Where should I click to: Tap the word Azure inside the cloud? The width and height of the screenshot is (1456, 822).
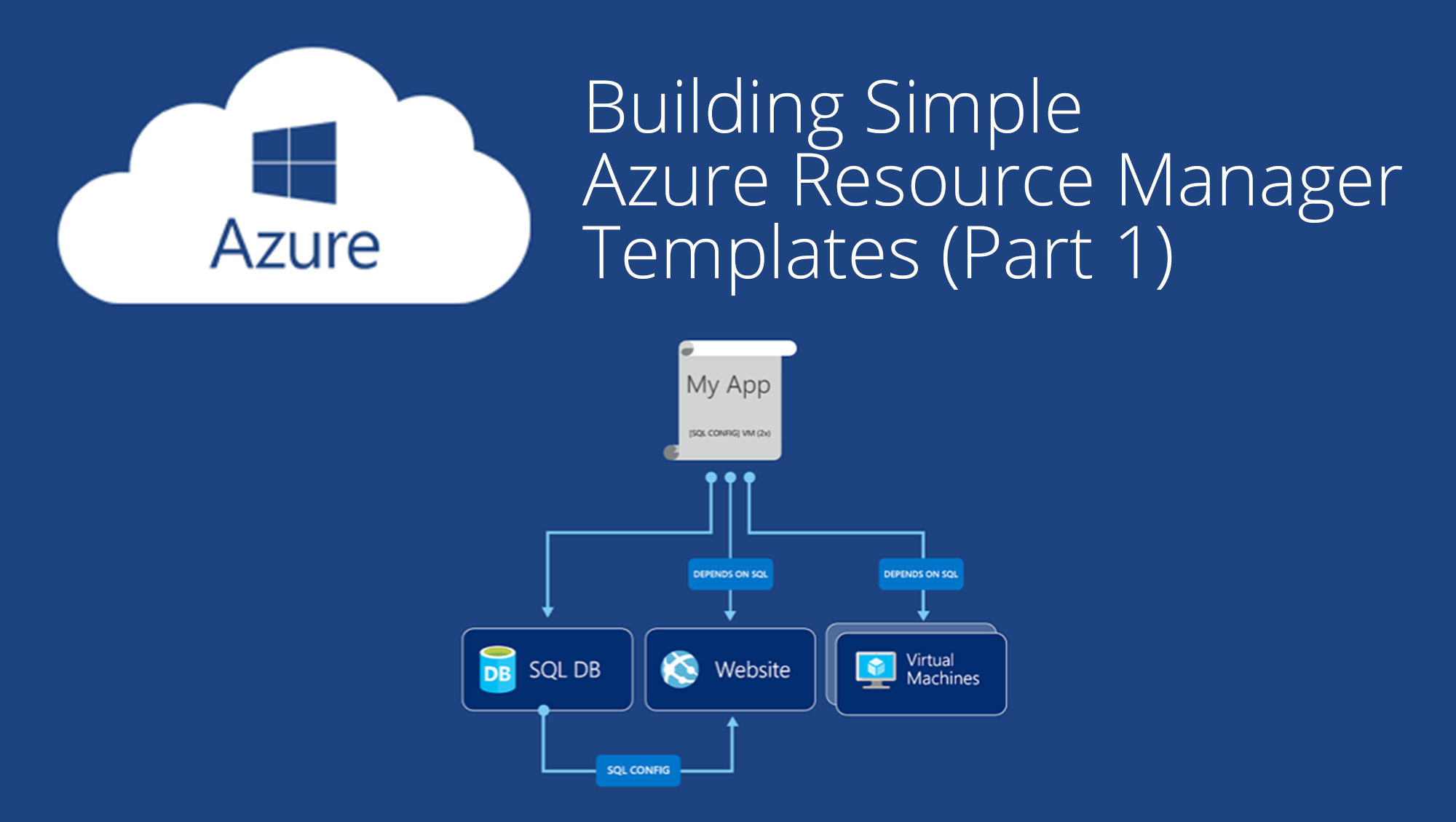coord(295,245)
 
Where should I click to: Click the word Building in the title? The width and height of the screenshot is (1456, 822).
coord(713,109)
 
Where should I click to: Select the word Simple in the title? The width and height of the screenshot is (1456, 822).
coord(973,109)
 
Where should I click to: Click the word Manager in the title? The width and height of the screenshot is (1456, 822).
coord(1259,182)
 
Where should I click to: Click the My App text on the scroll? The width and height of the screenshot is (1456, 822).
coord(728,384)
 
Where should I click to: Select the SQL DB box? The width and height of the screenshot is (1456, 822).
coord(547,669)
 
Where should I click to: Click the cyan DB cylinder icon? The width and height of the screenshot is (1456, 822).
coord(498,669)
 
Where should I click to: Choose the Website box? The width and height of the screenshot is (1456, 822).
coord(730,669)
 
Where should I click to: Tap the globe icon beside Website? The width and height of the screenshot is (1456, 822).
coord(679,669)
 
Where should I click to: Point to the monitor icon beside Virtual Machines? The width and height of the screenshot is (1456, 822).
coord(876,669)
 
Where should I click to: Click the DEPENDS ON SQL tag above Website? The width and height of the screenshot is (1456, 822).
coord(730,574)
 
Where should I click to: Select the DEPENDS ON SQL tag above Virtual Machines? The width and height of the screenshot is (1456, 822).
coord(921,574)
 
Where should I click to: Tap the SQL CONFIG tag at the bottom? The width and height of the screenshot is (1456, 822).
coord(638,770)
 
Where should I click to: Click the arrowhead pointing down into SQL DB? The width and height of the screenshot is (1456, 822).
coord(547,612)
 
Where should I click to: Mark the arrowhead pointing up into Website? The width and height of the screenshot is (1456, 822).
coord(732,722)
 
